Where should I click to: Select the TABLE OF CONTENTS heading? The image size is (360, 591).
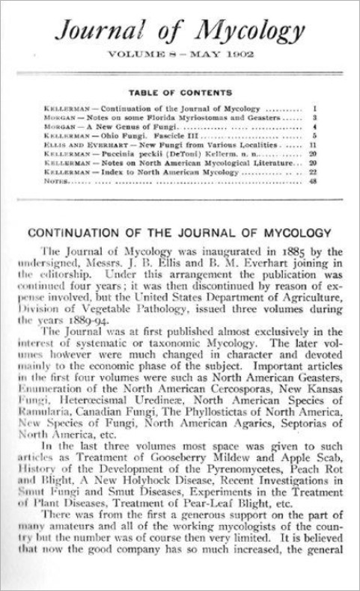[x=180, y=93]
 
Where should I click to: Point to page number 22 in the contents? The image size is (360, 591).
[x=315, y=171]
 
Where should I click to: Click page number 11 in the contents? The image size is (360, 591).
[x=316, y=144]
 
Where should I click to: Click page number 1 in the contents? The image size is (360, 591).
[x=317, y=109]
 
